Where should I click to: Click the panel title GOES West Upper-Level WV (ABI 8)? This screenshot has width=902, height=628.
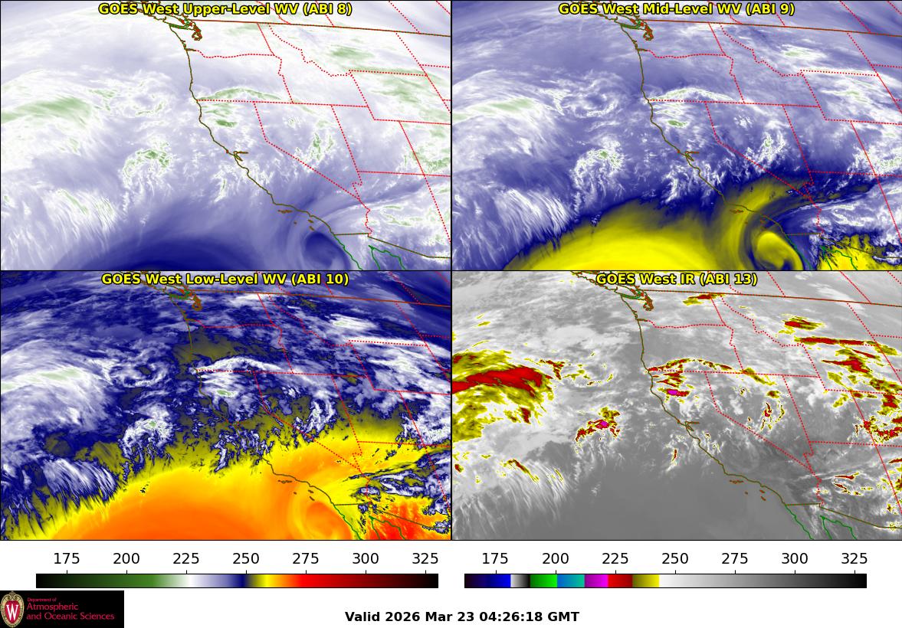click(x=225, y=9)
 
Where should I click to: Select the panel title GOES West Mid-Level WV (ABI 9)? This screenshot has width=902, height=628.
click(x=677, y=9)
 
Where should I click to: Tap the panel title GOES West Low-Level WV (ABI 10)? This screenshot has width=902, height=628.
click(x=225, y=280)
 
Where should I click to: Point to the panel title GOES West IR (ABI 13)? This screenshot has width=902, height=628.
click(x=677, y=280)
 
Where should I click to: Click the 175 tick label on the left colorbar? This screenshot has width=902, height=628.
click(x=67, y=558)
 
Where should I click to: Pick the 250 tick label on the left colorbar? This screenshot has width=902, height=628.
click(x=246, y=558)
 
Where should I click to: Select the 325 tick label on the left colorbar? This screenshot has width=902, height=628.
click(x=425, y=558)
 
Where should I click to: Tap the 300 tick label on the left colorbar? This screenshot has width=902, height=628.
click(x=366, y=558)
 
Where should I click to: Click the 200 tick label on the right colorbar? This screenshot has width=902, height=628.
click(x=556, y=558)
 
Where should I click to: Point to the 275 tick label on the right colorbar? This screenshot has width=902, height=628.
click(x=735, y=558)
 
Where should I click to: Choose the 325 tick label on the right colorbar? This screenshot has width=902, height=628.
click(x=854, y=558)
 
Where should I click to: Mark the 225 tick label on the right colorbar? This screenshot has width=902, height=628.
click(x=615, y=558)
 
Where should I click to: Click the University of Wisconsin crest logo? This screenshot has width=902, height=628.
click(x=12, y=610)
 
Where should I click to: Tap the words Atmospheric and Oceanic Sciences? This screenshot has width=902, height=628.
click(x=71, y=611)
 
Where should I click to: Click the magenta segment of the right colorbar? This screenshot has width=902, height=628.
click(x=596, y=581)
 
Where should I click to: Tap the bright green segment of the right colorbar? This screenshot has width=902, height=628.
click(x=543, y=581)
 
